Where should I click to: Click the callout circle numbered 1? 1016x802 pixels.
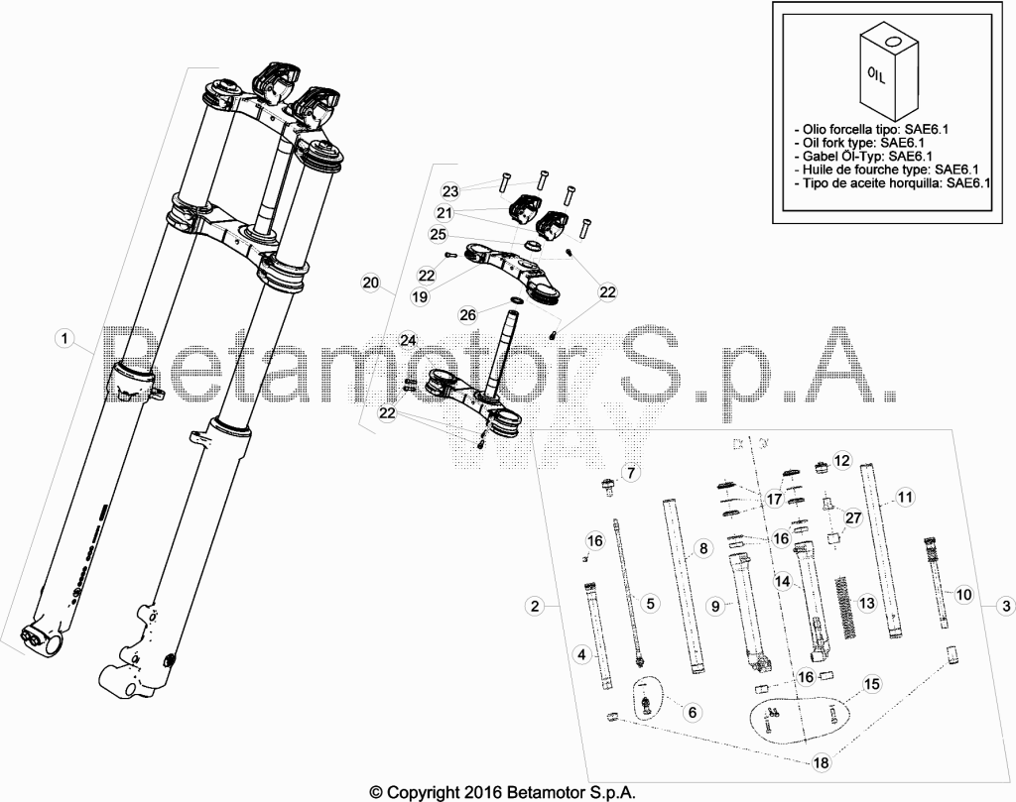(64, 338)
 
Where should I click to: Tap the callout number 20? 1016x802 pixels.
(371, 283)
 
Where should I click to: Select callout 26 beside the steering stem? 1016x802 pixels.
(468, 314)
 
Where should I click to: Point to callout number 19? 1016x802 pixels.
(420, 296)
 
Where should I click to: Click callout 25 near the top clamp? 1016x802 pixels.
(439, 234)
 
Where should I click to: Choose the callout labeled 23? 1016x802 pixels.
(450, 191)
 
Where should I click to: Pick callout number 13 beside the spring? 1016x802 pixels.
(866, 604)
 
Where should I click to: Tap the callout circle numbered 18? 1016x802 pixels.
(821, 762)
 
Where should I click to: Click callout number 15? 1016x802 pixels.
(872, 684)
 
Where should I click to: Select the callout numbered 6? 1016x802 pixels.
(693, 713)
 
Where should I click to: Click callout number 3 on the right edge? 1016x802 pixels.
(1006, 606)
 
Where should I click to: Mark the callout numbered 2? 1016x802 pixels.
(535, 606)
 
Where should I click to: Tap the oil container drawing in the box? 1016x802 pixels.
(889, 71)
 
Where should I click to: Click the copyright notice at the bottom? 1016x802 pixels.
(502, 792)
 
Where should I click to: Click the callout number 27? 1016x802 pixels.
(853, 517)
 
